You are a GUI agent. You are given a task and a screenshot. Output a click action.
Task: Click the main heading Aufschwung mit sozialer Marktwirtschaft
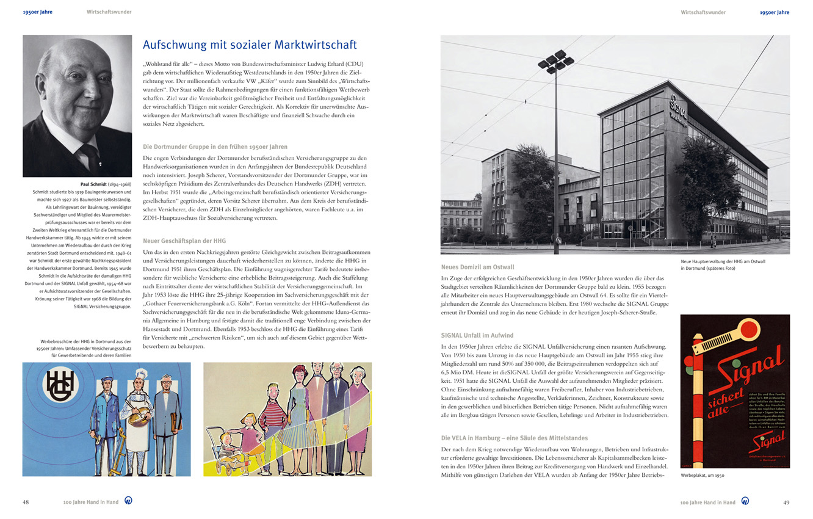click(250, 45)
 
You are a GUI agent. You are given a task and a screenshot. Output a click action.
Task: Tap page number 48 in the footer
click(26, 502)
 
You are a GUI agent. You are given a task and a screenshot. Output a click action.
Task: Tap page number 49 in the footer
click(786, 502)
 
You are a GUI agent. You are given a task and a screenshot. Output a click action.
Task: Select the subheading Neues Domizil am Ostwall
click(477, 267)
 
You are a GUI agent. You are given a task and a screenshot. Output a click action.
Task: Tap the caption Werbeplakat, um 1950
click(703, 475)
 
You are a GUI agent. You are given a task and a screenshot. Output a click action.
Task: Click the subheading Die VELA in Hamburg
click(514, 438)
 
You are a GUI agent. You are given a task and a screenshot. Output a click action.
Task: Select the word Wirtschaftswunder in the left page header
click(109, 12)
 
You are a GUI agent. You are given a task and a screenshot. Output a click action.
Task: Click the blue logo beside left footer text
click(128, 501)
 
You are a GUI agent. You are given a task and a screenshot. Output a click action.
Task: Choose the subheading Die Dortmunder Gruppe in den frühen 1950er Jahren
click(215, 147)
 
